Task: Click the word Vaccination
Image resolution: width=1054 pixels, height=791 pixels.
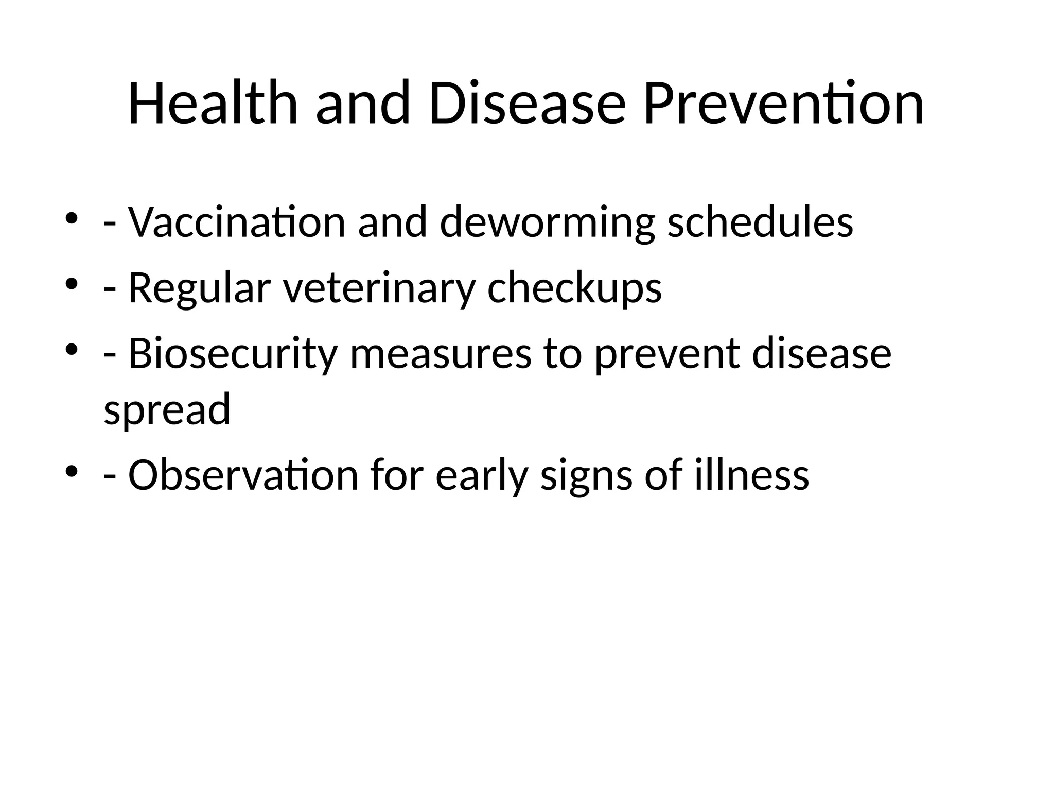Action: tap(237, 222)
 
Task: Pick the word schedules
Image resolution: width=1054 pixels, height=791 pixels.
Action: tap(760, 222)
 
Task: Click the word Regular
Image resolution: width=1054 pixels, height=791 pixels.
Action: tap(199, 288)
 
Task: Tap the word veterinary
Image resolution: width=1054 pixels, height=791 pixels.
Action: tap(378, 288)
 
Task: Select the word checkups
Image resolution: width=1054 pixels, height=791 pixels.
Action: tap(574, 288)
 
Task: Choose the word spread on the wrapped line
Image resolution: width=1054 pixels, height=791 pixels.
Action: tap(167, 409)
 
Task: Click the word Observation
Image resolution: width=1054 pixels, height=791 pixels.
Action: tap(243, 475)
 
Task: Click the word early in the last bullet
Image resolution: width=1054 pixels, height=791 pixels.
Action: tap(482, 475)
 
